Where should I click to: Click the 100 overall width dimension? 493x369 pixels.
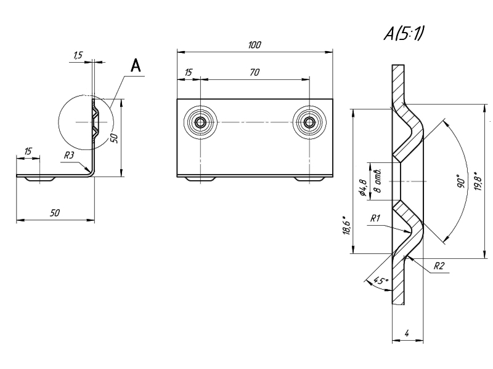coord(255,45)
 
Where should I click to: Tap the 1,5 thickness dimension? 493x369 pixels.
coord(78,56)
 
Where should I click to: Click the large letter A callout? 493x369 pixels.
coord(136,66)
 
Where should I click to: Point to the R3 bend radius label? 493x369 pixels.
coord(69,156)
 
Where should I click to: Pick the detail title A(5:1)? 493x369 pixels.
coord(404,34)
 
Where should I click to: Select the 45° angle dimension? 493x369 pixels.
coord(381,281)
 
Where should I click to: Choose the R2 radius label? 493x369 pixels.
coord(439,266)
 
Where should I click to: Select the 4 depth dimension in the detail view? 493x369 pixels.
coord(407,333)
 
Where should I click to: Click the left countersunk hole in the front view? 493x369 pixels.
coord(201,122)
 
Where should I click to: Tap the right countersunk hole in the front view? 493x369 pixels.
coord(310,122)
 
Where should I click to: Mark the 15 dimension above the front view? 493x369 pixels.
coord(188,73)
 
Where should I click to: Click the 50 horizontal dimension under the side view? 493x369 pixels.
coord(55,213)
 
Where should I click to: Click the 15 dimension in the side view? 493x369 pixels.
coord(28,151)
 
